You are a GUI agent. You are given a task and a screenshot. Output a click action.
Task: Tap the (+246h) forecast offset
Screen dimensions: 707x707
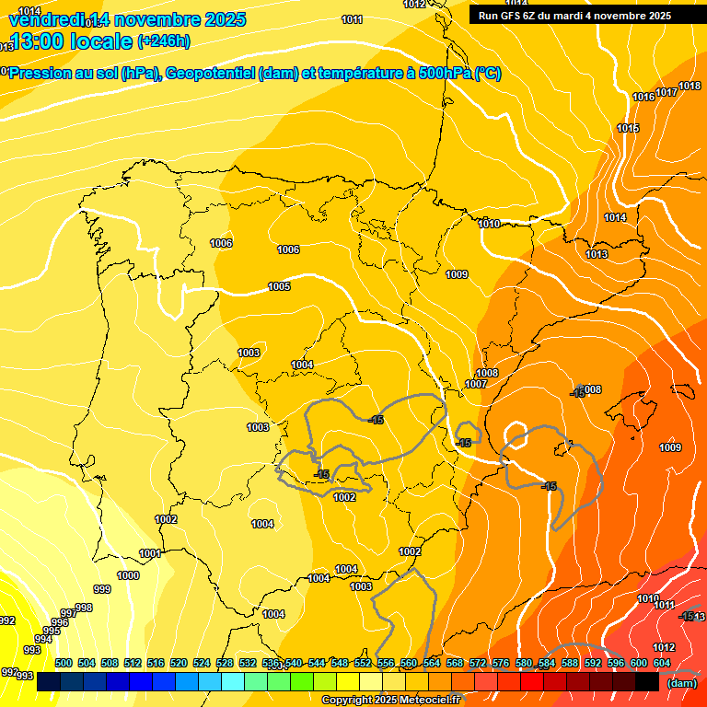165,41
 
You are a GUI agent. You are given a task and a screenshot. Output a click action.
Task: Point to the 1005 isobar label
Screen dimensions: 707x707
280,286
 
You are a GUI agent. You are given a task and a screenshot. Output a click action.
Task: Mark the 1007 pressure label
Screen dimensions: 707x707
476,384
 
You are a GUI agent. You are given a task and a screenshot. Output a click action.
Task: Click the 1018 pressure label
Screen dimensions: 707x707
690,87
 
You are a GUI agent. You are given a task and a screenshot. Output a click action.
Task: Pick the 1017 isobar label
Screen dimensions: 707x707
666,93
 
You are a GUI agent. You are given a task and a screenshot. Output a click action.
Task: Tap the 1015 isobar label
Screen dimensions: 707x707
628,128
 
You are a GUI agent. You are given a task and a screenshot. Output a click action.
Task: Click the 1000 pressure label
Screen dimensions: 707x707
128,575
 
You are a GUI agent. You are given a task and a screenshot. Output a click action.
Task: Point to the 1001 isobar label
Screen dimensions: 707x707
150,553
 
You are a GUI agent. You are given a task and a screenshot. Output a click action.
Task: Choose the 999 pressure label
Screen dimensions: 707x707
102,589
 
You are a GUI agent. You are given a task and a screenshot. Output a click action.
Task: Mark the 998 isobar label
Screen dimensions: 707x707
84,608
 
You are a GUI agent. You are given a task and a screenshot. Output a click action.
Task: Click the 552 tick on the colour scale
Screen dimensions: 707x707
363,663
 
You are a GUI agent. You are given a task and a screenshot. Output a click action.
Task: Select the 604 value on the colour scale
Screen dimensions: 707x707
662,663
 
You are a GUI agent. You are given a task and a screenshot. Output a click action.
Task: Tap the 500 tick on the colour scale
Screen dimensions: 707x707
64,663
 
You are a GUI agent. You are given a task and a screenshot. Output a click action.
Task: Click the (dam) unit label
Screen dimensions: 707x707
681,682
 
